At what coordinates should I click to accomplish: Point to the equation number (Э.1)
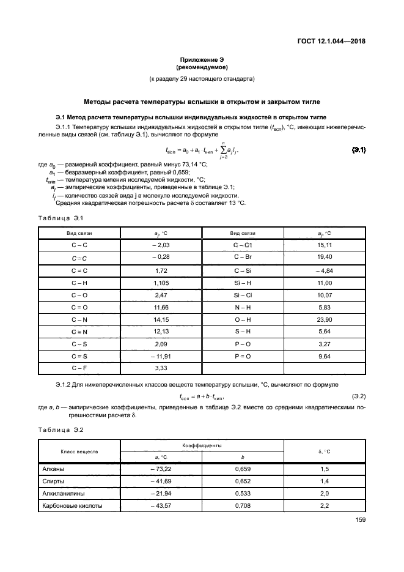(x=359, y=150)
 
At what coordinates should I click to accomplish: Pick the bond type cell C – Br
(x=243, y=257)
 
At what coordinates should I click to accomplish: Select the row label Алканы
(x=53, y=469)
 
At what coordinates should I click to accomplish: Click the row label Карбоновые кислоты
(x=72, y=506)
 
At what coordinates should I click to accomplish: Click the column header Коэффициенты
(x=202, y=447)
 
